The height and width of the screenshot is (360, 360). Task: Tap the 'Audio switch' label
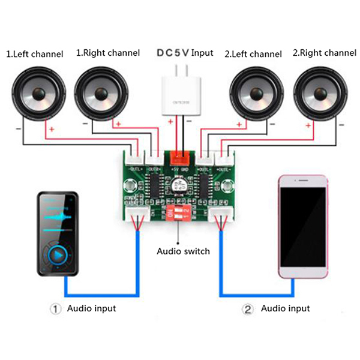pyautogui.click(x=183, y=251)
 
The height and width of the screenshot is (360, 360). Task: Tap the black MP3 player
pyautogui.click(x=58, y=234)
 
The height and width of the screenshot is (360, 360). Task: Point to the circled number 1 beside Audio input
pyautogui.click(x=55, y=309)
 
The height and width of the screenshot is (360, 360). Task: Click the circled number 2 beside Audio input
pyautogui.click(x=248, y=309)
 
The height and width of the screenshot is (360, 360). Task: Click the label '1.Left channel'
pyautogui.click(x=34, y=54)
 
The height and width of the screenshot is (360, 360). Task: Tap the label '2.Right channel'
pyautogui.click(x=323, y=53)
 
